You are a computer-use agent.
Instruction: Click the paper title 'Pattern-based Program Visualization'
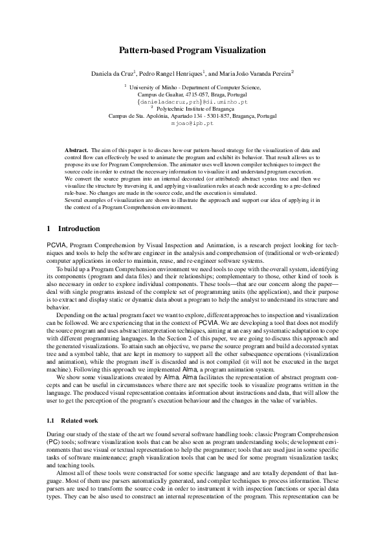(x=192, y=50)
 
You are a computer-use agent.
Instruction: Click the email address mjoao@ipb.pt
(x=192, y=122)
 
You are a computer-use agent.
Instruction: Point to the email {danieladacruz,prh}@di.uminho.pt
(x=192, y=102)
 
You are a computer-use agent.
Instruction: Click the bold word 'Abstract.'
(x=77, y=150)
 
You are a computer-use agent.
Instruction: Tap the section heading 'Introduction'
(x=79, y=228)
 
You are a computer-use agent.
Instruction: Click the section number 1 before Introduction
(x=50, y=228)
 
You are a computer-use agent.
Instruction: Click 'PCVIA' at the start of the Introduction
(x=57, y=247)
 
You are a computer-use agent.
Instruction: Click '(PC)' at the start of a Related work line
(x=54, y=441)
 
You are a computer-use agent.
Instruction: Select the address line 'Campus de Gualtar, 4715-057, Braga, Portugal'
(x=192, y=95)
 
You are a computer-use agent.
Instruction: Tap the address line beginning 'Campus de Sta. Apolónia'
(x=192, y=116)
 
